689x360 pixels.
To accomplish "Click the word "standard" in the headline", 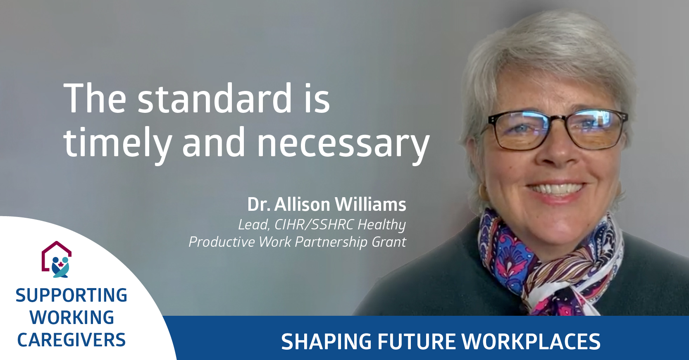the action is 214,98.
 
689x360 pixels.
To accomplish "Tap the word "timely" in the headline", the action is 117,143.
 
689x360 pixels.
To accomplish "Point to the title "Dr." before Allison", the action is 259,204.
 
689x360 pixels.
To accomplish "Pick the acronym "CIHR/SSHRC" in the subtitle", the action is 313,224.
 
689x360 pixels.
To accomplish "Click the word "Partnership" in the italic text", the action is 331,242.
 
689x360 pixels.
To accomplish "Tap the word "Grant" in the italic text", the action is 389,242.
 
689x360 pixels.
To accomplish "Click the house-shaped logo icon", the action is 57,259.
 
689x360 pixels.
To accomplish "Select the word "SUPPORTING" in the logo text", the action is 72,295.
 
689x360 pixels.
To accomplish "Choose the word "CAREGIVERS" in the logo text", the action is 72,340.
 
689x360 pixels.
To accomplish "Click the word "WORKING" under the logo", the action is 72,317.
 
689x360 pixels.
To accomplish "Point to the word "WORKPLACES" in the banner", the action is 531,341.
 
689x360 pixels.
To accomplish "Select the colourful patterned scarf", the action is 551,265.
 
